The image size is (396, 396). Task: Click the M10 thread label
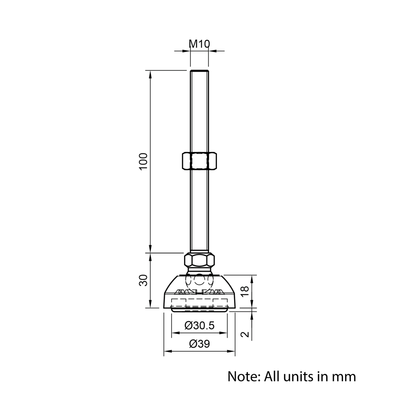point(200,44)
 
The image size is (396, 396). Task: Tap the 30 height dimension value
point(143,280)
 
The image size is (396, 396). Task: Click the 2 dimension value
point(245,334)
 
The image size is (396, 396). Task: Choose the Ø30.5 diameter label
point(199,325)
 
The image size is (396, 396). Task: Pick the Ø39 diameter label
point(200,344)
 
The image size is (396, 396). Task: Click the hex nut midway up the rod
point(200,160)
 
